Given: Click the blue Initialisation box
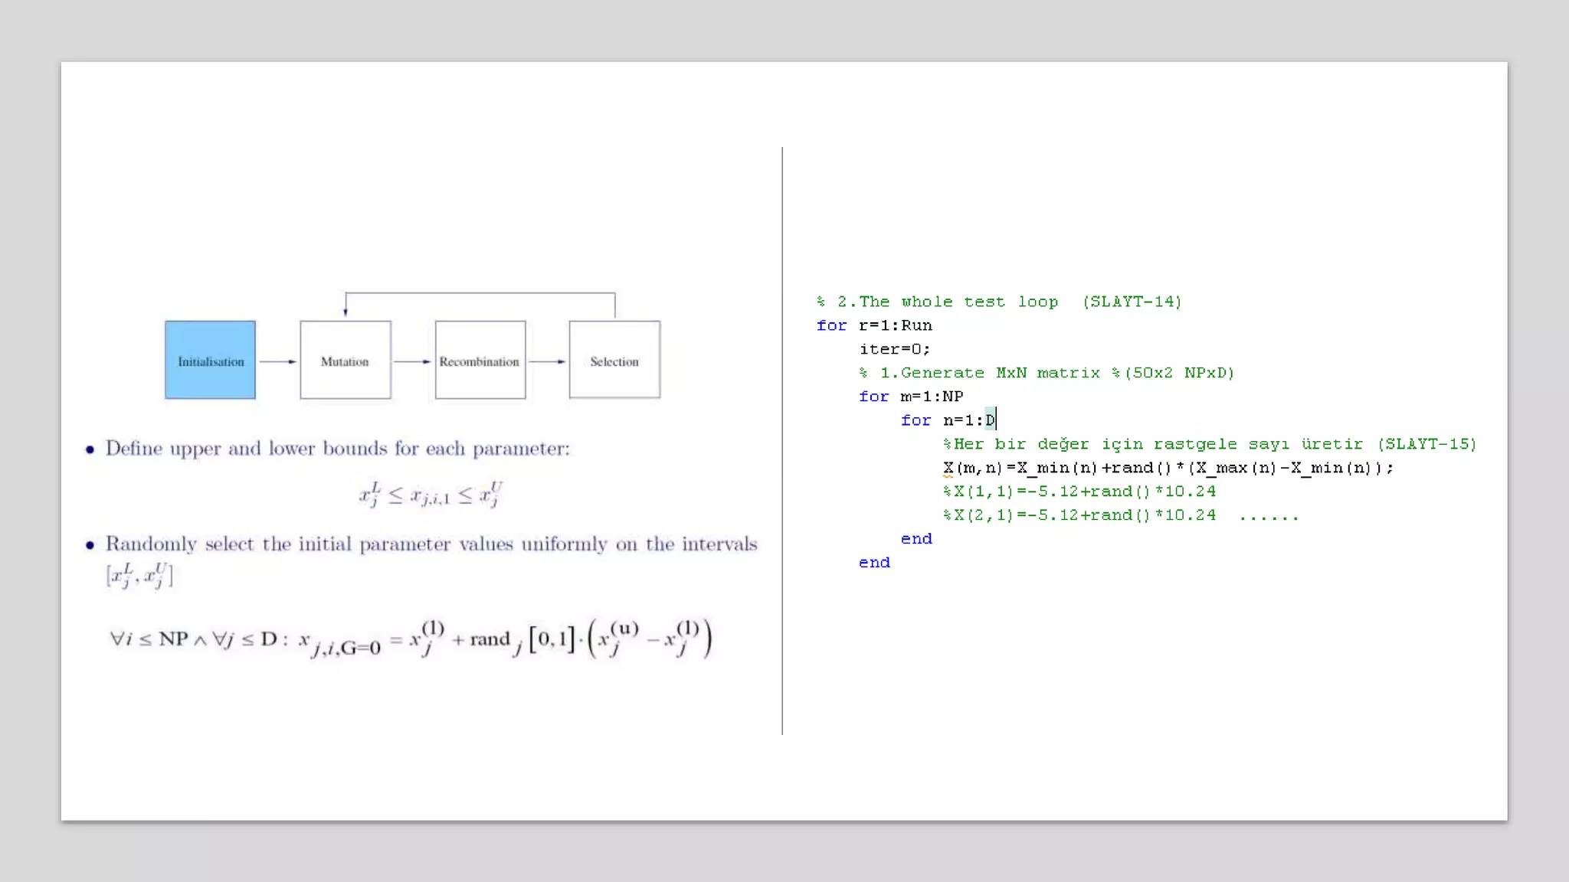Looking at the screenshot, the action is [x=210, y=360].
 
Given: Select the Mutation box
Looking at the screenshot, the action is [x=345, y=360].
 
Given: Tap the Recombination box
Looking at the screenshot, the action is [x=480, y=360].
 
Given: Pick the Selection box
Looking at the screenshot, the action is [x=614, y=360].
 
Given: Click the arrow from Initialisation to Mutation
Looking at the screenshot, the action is [x=277, y=361].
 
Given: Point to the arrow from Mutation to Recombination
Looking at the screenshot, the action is [x=412, y=361].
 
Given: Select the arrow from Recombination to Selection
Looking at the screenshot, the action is [x=547, y=361].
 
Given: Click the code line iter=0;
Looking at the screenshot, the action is [x=895, y=349].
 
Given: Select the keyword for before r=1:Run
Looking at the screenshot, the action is [x=831, y=325].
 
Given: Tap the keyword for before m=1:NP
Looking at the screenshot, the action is [x=873, y=397].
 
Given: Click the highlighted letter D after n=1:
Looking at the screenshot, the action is [x=990, y=420].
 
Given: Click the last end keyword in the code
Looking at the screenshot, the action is [x=874, y=563].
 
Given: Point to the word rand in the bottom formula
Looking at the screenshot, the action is [x=490, y=639].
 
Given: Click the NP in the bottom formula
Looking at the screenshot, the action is [x=173, y=639].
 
